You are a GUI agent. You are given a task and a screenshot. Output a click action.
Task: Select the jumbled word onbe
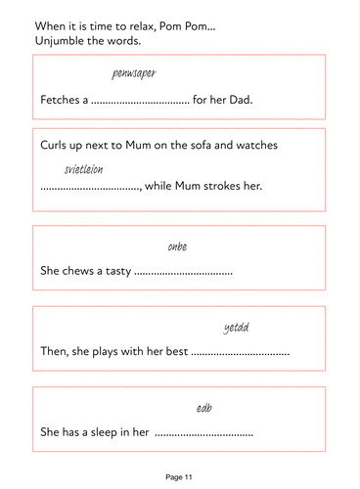point(177,245)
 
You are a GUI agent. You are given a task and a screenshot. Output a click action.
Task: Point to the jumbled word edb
point(204,407)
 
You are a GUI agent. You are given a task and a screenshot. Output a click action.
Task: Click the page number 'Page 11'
point(180,476)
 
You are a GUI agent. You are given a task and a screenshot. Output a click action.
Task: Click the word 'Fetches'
point(60,100)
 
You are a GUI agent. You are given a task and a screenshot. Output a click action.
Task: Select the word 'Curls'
point(57,145)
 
